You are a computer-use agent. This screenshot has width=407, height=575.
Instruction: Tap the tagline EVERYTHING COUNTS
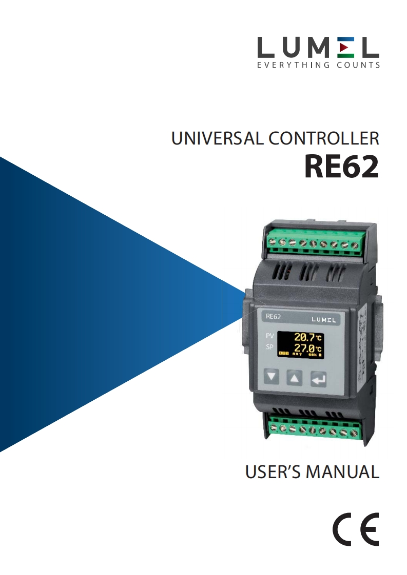point(318,65)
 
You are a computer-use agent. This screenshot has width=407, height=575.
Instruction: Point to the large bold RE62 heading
point(341,167)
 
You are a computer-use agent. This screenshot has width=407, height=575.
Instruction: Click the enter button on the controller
point(318,379)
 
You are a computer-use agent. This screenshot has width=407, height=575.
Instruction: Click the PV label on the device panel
point(270,336)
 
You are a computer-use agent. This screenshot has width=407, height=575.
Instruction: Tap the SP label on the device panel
point(270,347)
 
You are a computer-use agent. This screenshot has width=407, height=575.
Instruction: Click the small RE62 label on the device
point(273,317)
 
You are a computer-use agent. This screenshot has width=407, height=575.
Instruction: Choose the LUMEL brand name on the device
point(323,320)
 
